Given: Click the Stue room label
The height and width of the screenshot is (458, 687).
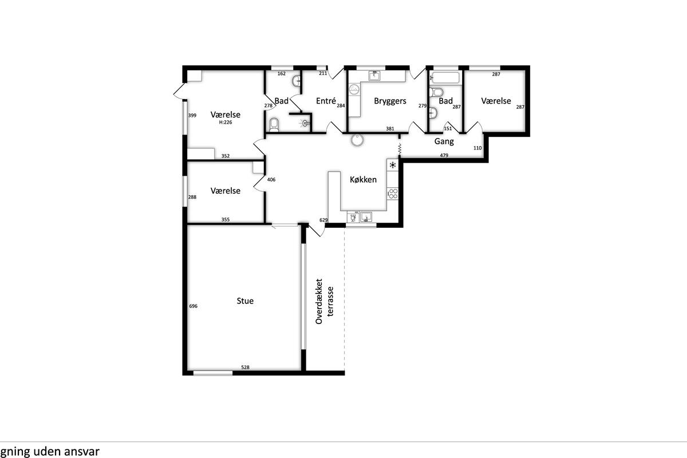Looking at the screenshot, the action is pos(245,301).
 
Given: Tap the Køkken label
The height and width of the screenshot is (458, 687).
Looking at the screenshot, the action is pos(363,179).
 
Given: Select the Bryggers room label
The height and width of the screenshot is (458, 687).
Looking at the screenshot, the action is pos(390,101).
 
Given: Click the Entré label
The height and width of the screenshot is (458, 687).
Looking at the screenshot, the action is pos(326,101).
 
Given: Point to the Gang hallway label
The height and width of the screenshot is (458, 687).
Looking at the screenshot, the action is pos(444,141).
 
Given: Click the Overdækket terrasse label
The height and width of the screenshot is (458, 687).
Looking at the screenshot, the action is pos(324,301).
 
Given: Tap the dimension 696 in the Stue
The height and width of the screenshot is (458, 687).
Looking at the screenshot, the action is pos(194,306).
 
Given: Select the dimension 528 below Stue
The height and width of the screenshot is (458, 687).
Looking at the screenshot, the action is pos(245,367).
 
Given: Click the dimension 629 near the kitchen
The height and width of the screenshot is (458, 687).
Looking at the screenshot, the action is pos(323,220).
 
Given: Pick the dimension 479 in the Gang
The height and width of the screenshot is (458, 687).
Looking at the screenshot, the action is pos(444,155).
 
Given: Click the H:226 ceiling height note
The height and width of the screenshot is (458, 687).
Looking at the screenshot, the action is pos(226,122).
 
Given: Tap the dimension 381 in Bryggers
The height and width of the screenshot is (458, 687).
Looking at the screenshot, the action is pos(390,129).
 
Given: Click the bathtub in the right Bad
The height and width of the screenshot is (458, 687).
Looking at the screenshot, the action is pos(445,78).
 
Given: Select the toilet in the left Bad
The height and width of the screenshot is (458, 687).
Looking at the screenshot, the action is pos(274,125).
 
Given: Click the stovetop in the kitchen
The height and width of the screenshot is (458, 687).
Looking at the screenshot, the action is pos(393,194).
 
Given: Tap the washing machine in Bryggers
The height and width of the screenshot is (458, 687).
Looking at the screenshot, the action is pos(354,89).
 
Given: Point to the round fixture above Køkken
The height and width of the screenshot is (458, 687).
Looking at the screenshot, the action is pos(357,140).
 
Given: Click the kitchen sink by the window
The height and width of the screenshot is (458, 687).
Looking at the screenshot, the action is pos(366,217).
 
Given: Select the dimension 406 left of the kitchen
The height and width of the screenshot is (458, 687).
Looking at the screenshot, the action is pos(271,179).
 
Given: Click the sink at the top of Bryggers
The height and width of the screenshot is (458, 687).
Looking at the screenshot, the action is pos(374,76).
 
